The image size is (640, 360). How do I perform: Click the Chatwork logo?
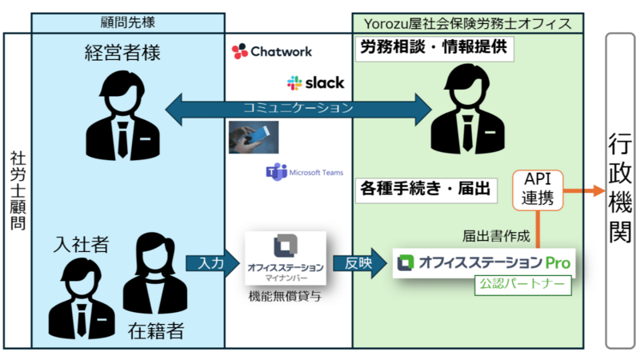pos(271,51)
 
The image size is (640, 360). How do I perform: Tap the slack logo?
pos(315,82)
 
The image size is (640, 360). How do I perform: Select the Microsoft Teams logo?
pos(304,172)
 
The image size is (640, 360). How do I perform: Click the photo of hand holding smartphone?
pos(252,137)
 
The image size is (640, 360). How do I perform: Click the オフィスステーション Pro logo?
pos(485,262)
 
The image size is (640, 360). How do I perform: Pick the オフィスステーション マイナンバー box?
pos(286,258)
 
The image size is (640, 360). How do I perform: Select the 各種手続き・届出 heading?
pos(425,190)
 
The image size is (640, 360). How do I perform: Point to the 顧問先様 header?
pos(128,22)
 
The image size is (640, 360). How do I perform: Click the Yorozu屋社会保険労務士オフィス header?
pos(474,22)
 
